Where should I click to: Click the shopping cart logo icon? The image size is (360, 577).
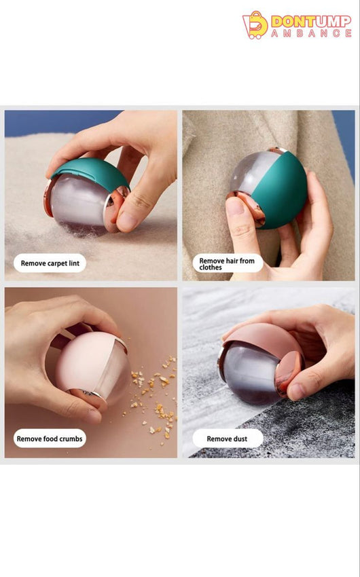pos(255,25)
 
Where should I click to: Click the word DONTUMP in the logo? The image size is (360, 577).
pos(310,21)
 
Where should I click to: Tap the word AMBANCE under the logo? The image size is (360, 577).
pos(311,33)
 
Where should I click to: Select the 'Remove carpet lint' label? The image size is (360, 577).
pos(50,263)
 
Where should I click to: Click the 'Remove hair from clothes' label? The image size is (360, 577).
pos(228,263)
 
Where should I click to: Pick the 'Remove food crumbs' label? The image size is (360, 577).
pos(50,439)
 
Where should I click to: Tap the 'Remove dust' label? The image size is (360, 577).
pos(228,439)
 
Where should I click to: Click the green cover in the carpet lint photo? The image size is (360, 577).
pos(91,172)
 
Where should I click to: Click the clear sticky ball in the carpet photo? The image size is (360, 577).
pos(79,204)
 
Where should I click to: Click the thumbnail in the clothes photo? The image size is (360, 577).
pos(234,207)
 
